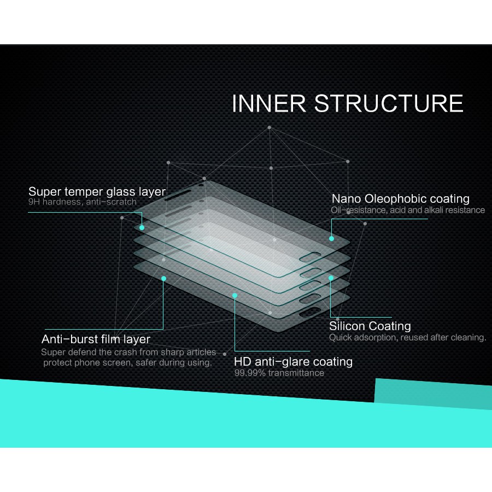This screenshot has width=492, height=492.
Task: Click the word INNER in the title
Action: pos(269,103)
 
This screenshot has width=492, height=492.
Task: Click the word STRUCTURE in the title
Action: pos(389,103)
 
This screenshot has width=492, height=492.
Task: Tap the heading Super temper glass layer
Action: pos(97,192)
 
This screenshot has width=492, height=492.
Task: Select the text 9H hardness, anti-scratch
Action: pos(83,202)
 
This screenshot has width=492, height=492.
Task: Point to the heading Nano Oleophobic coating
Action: pos(400,199)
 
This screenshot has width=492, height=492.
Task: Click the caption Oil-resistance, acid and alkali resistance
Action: pos(408,210)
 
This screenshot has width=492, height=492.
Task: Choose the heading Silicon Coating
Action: pos(370,326)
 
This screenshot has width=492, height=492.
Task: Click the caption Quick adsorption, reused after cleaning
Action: pos(408,338)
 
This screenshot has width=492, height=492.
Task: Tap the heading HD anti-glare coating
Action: pos(294,362)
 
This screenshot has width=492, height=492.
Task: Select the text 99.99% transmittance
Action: pos(279,373)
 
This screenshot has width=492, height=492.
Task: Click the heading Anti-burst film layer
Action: pos(96,339)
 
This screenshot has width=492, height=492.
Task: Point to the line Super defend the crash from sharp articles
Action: pos(128,353)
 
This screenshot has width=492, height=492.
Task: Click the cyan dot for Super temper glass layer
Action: pos(142,227)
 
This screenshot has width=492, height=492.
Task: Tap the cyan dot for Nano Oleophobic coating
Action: pos(331,238)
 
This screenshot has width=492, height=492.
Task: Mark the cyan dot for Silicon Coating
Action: pos(331,278)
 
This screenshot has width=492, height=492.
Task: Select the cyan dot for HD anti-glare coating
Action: pos(235,295)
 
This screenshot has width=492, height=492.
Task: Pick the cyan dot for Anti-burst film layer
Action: pos(163,278)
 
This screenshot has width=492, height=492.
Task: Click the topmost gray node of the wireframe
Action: pos(269,127)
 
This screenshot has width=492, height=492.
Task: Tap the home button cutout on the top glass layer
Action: pos(310,257)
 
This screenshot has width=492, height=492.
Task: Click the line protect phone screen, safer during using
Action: pos(128,363)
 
